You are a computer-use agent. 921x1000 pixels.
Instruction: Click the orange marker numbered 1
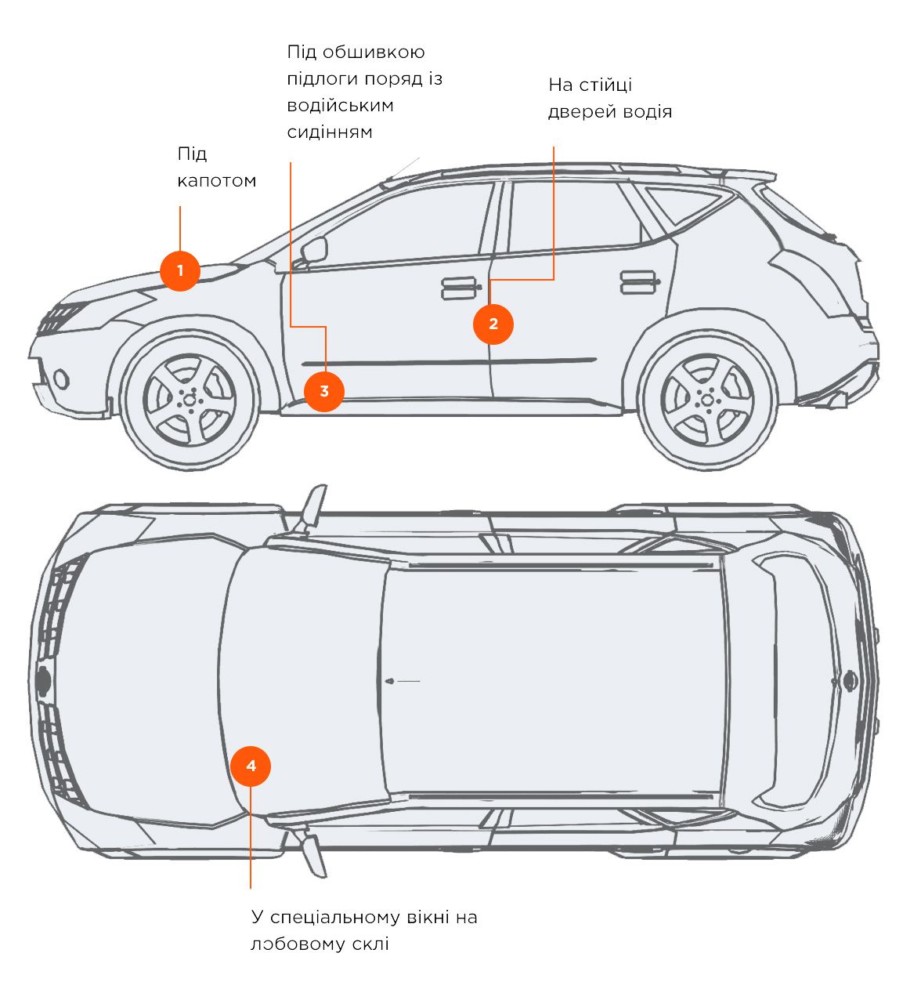click(x=180, y=271)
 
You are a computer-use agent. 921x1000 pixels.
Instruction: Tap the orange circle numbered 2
click(x=493, y=324)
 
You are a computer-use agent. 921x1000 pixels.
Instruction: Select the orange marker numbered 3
click(x=323, y=391)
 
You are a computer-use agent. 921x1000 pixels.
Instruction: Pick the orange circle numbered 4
click(x=251, y=766)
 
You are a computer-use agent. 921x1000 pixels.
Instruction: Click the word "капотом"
click(x=217, y=181)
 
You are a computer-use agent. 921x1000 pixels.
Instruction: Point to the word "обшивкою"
click(x=374, y=53)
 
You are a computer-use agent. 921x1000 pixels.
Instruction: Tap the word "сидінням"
click(x=330, y=132)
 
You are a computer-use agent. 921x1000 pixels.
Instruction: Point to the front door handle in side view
click(x=461, y=288)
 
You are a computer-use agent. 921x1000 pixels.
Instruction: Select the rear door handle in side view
click(x=638, y=282)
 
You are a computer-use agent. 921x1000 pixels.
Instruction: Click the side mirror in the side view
click(x=314, y=250)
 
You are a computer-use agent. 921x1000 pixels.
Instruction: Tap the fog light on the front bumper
click(x=60, y=380)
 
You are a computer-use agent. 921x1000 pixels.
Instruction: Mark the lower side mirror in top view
click(x=314, y=855)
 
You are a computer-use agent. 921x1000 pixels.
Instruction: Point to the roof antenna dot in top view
click(x=390, y=681)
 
